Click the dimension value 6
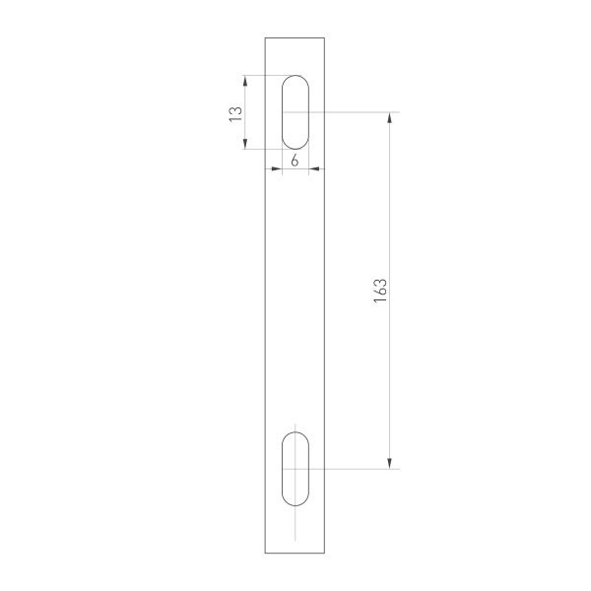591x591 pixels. (295, 160)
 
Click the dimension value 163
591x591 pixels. (381, 291)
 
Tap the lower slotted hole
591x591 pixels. (295, 469)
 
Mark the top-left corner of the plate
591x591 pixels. (266, 37)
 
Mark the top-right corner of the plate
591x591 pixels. (324, 37)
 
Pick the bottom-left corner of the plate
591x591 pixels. (266, 554)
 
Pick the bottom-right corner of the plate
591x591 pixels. (324, 554)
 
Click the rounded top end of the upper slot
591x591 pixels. (295, 77)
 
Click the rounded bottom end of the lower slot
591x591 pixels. (295, 505)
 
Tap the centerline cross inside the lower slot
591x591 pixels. (295, 469)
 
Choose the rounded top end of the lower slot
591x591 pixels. (295, 432)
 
